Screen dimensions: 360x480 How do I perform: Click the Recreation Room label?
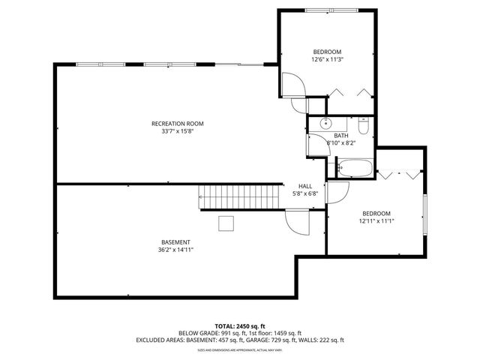point(177,123)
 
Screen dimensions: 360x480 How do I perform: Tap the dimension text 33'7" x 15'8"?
point(177,131)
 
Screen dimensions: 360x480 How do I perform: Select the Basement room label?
point(175,241)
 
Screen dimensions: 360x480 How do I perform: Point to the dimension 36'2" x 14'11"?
point(175,250)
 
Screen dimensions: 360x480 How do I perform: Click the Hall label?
point(305,186)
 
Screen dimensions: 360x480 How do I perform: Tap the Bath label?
point(341,135)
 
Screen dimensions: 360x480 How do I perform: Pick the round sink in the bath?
point(325,122)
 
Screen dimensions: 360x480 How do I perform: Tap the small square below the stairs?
point(226,223)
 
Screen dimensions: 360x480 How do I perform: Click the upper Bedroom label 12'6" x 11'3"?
point(327,52)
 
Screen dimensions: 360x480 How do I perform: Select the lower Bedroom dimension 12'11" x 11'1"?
point(376,221)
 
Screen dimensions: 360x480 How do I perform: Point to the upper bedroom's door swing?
point(292,85)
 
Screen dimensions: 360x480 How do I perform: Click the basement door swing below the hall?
point(298,222)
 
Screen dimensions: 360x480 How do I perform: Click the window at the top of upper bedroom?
point(326,10)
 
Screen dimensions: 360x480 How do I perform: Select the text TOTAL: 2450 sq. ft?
point(239,326)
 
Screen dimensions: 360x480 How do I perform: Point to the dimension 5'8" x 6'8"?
point(305,193)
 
